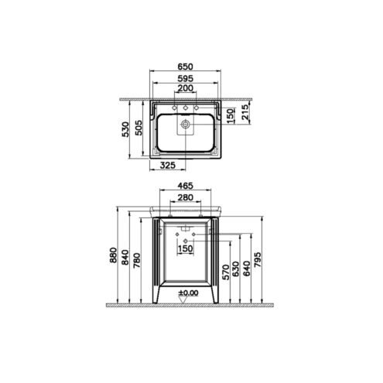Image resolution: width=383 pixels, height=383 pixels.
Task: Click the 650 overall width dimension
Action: tap(185, 67)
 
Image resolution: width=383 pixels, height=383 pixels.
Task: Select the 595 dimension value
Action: tap(185, 78)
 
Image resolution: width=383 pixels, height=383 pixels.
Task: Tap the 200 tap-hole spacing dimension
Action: tap(185, 88)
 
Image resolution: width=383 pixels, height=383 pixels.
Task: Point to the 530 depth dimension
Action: tap(125, 129)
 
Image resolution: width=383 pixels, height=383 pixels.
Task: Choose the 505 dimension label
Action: tap(138, 128)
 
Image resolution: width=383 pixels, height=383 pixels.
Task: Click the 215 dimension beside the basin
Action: tap(245, 111)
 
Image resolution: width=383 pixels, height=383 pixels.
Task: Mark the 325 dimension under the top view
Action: tap(168, 165)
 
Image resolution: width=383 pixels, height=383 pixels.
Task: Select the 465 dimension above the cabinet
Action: tap(185, 186)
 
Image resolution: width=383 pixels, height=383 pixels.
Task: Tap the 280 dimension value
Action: tap(186, 197)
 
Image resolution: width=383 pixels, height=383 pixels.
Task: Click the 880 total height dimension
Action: tap(113, 255)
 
